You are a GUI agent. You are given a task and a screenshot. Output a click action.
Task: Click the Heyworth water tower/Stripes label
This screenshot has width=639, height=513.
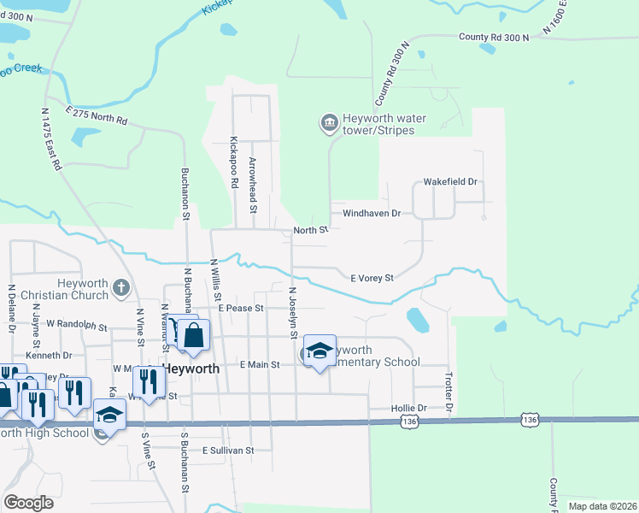click(x=378, y=125)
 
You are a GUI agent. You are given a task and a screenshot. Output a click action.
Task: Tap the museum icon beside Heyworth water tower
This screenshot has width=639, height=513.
click(x=329, y=125)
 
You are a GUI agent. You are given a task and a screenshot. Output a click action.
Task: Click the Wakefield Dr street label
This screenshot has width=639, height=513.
click(x=450, y=183)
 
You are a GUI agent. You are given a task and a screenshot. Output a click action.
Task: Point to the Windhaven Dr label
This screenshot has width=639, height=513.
click(x=372, y=213)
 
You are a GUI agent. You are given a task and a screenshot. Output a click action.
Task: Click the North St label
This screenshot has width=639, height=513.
click(x=311, y=230)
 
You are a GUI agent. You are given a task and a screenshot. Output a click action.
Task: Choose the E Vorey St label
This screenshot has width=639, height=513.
click(x=372, y=278)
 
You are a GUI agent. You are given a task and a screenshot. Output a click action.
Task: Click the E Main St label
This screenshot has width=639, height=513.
click(x=260, y=365)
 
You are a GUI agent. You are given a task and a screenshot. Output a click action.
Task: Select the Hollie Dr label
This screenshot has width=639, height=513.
click(x=408, y=409)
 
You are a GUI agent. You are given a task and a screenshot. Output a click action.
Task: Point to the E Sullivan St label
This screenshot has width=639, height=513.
click(x=228, y=450)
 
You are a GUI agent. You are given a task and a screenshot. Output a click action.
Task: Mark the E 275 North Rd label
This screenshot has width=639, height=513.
click(x=97, y=117)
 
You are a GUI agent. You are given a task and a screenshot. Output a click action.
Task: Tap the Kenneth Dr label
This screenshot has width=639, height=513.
click(x=49, y=355)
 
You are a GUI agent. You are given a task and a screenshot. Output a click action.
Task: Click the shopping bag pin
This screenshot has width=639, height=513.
click(x=194, y=337)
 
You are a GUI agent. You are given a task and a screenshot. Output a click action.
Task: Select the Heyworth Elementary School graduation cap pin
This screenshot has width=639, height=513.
click(x=319, y=351)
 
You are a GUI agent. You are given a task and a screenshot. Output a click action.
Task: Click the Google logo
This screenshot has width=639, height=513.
click(x=29, y=503)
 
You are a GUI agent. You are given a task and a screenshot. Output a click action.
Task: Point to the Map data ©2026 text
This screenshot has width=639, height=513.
click(x=601, y=506)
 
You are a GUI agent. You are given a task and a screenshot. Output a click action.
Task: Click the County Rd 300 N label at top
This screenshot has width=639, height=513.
click(x=494, y=38)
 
